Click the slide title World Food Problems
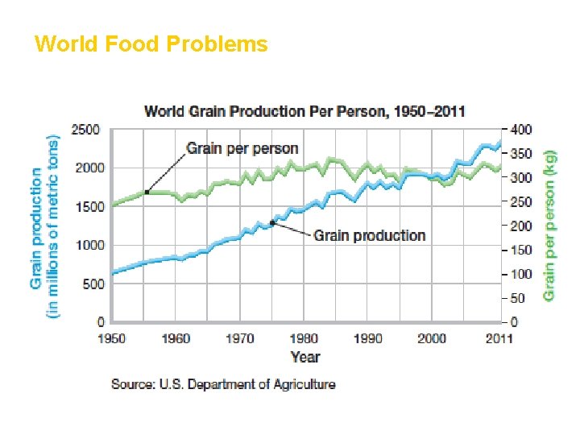pos(151,43)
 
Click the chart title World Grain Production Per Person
pos(304,111)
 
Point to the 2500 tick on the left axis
pos(85,130)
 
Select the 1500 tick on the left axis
pos(85,206)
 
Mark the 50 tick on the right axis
pos(518,298)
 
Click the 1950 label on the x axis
pos(112,338)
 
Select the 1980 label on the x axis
pos(304,338)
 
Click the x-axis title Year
pos(305,357)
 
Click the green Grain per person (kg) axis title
pos(549,226)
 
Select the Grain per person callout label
pos(242,148)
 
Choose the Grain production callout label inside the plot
pos(369,235)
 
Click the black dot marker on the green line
pos(147,192)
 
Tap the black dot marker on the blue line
pos(272,222)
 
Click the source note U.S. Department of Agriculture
pos(223,384)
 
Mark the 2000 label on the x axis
pos(433,338)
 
